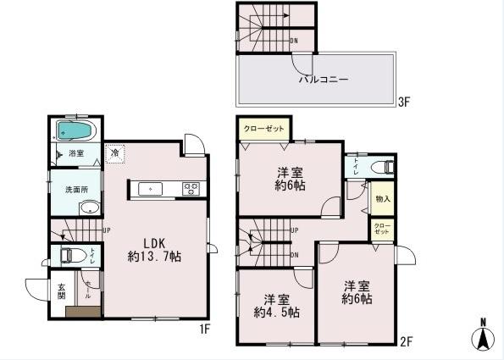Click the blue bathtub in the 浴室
point(75,132)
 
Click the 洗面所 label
point(66,188)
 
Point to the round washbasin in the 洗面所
point(88,208)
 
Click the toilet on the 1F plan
point(72,255)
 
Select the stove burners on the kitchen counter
point(191,188)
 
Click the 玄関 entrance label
point(61,291)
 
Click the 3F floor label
point(404,103)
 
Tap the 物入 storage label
point(382,199)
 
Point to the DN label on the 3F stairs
point(293,40)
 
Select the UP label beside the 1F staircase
point(107,230)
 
